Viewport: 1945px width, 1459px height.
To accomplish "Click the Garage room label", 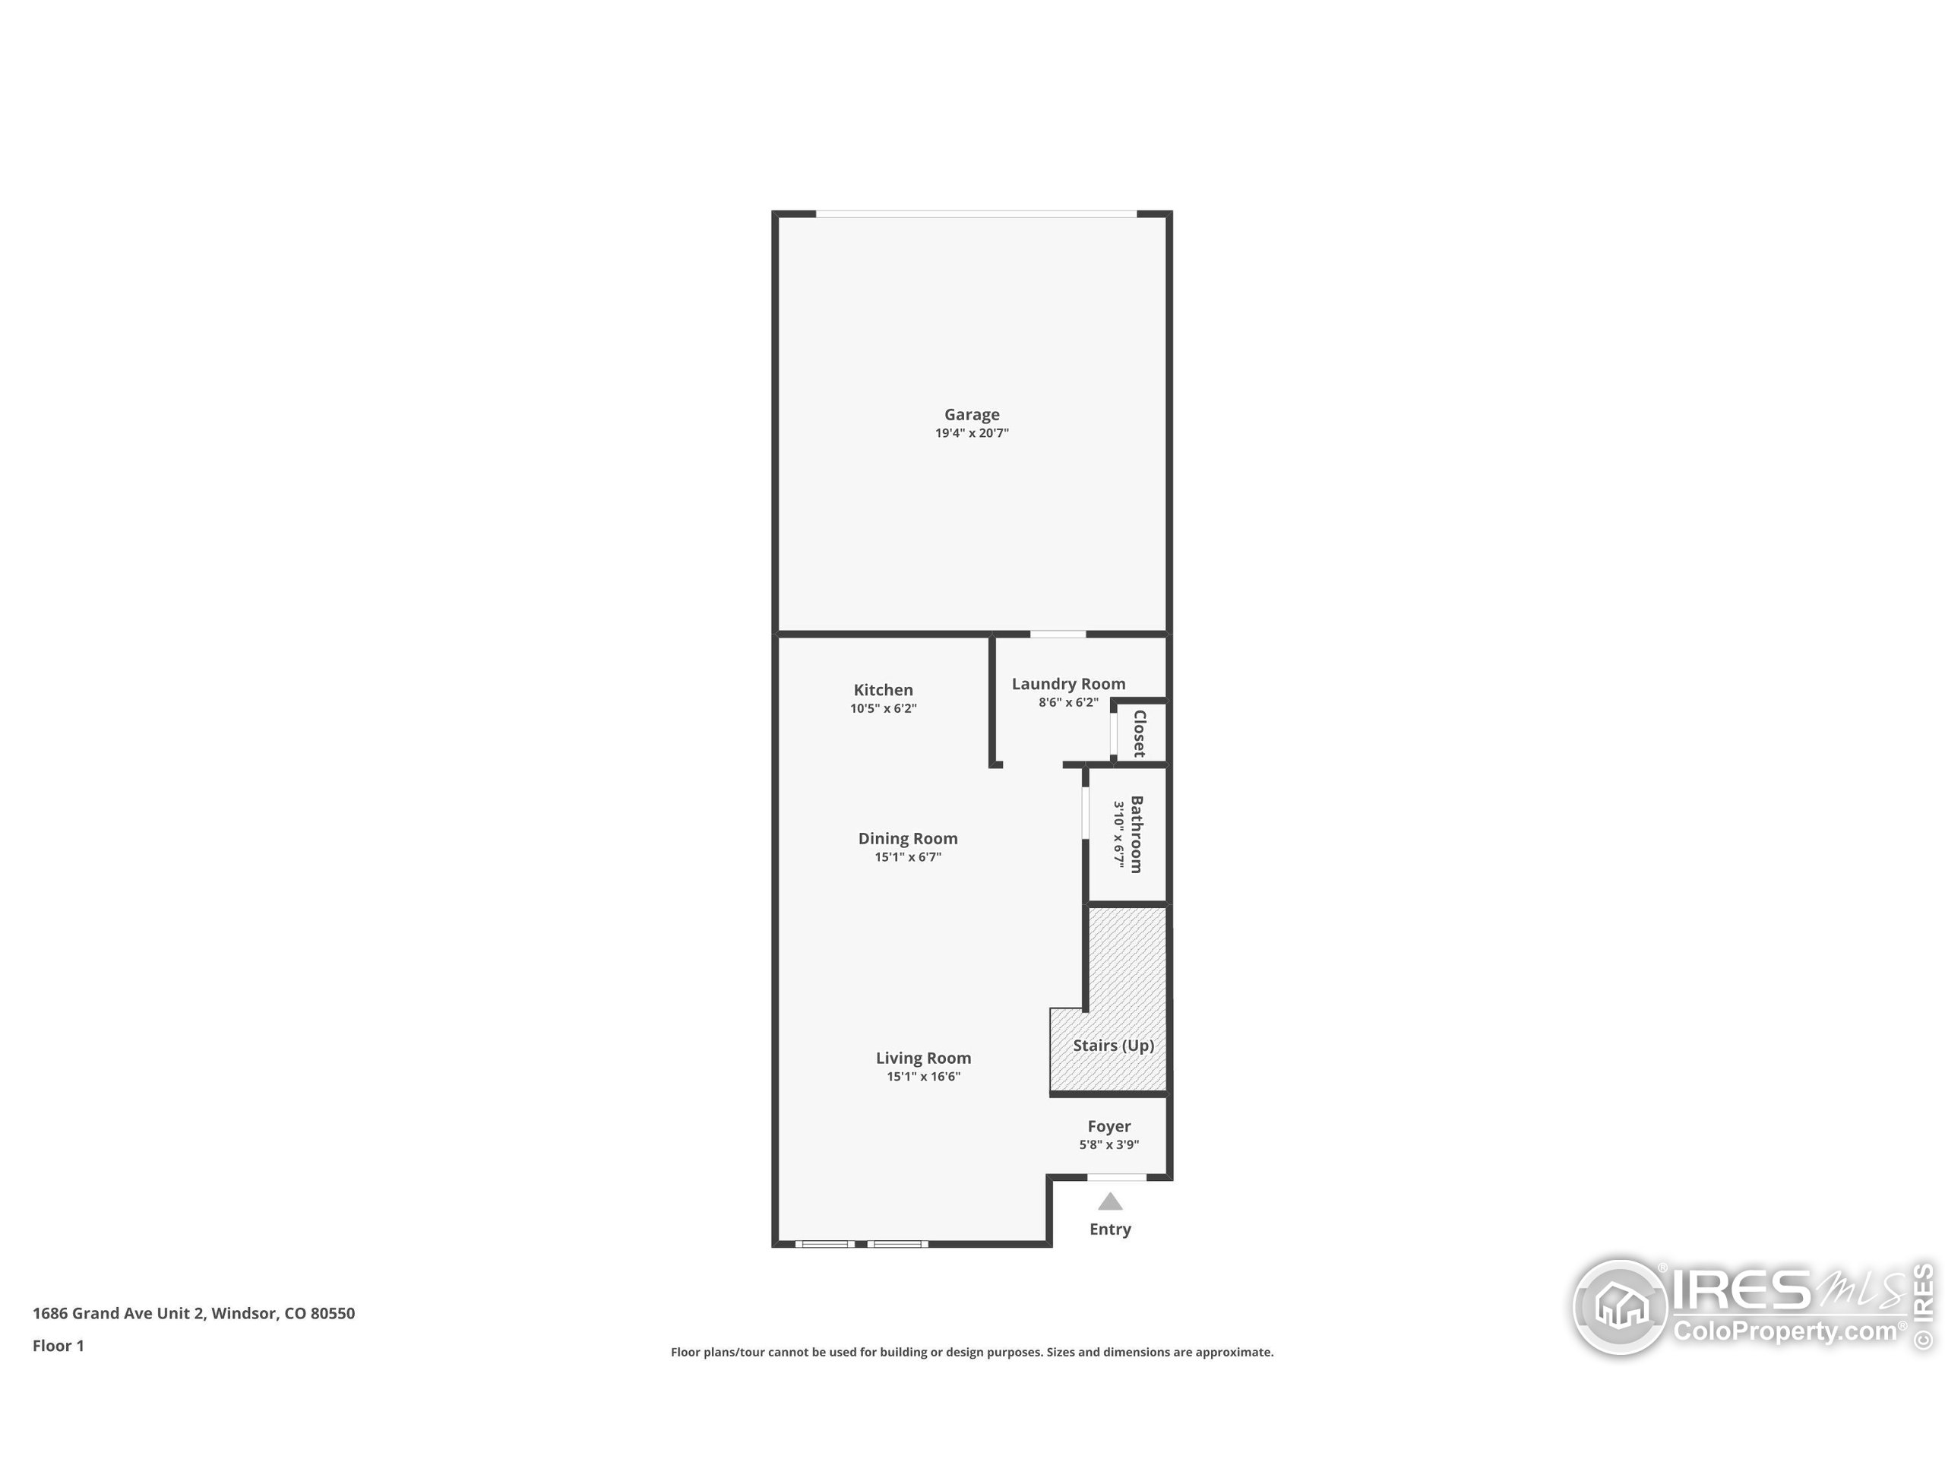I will (972, 414).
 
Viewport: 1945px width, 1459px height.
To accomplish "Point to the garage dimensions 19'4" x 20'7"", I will (972, 432).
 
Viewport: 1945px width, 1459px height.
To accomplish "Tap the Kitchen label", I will (883, 689).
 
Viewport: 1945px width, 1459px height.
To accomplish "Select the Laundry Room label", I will (1068, 683).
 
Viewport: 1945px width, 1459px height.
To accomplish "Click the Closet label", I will (1140, 733).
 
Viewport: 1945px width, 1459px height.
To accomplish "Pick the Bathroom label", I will (1136, 834).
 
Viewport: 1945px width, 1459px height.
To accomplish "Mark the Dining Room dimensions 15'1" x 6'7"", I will (907, 856).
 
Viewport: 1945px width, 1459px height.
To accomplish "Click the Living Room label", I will (923, 1058).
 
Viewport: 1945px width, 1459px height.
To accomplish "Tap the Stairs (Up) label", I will (1113, 1045).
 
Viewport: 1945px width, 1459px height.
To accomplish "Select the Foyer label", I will (1108, 1125).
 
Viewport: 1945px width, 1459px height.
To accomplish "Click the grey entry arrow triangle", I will (1110, 1201).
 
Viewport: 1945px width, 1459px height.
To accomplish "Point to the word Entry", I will (1110, 1229).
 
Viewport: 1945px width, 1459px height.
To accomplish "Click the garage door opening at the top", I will (976, 214).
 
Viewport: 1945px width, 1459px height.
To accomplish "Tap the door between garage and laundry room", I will (1058, 633).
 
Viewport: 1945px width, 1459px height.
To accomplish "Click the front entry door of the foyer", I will (1117, 1176).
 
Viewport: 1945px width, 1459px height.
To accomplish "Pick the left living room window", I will (825, 1243).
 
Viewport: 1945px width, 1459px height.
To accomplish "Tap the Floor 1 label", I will (58, 1346).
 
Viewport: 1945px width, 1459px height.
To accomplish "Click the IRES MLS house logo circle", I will (1620, 1307).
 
